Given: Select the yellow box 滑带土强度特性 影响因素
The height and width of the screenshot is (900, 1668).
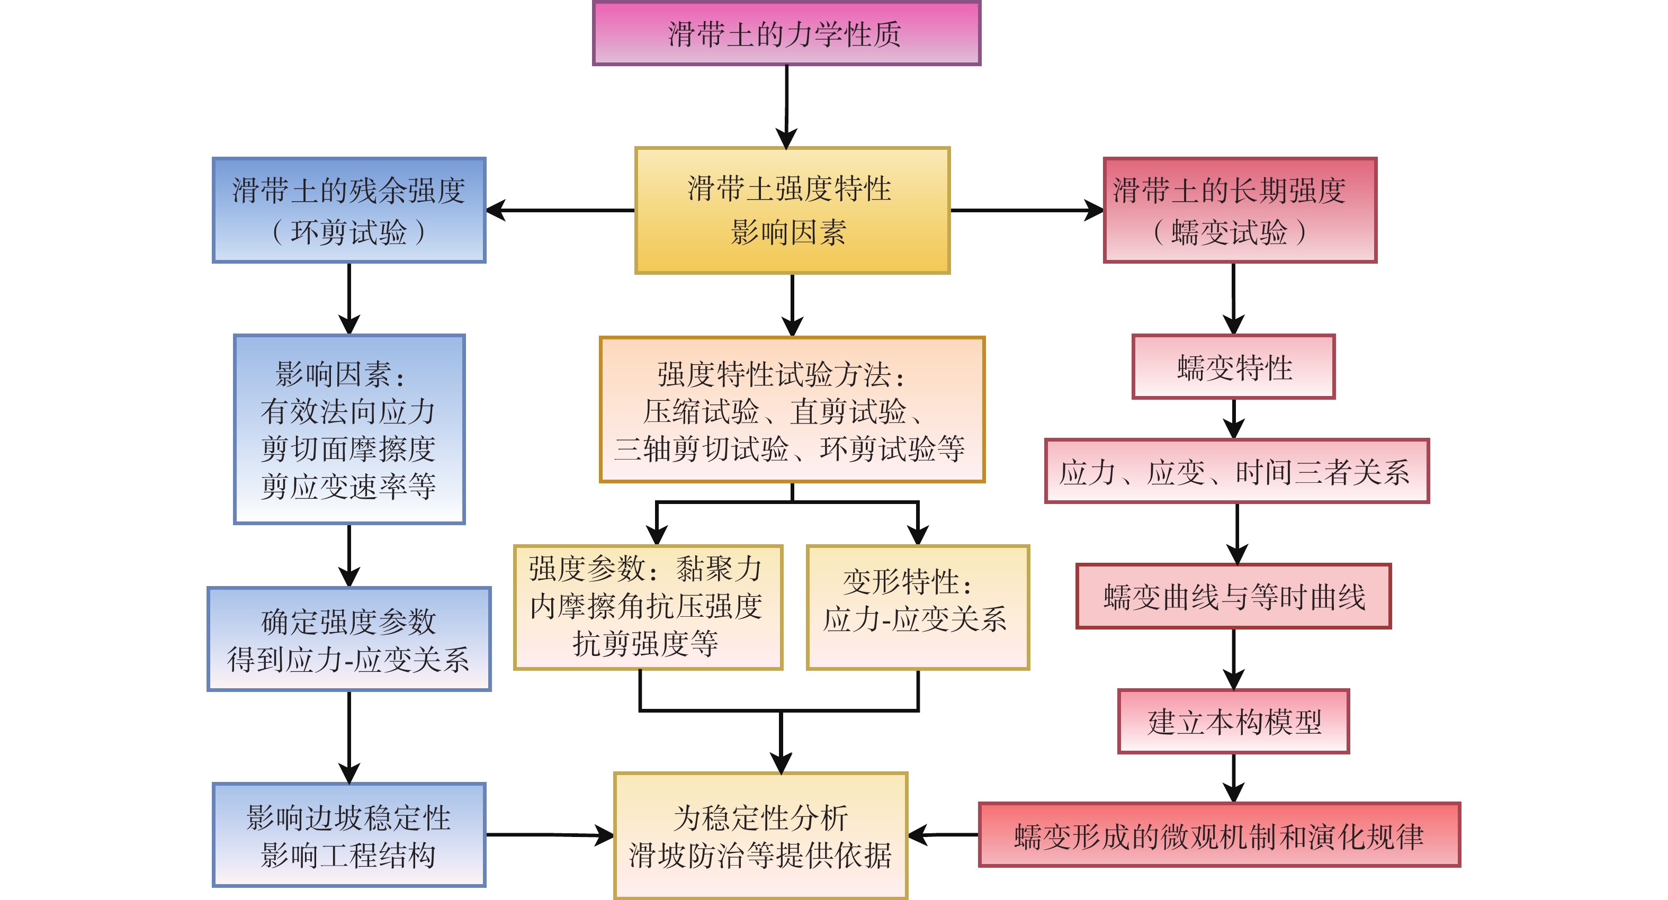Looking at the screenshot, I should coord(792,210).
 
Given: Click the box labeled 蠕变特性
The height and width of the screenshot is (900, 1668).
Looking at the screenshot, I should coord(1233,367).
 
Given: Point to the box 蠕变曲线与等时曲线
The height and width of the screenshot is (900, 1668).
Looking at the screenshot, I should coord(1233,596).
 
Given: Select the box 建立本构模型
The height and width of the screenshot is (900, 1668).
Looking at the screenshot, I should coord(1233,721).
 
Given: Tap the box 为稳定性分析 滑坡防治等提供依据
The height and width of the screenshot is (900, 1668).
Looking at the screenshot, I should coord(760,835).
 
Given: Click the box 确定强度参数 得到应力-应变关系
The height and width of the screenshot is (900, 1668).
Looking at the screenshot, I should coord(349,640).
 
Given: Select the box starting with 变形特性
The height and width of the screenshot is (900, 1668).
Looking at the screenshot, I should coord(918,607).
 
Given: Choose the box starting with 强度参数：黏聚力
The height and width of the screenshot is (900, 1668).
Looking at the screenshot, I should coord(648,607).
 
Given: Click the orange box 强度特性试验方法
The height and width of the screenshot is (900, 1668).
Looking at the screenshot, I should coord(792,410).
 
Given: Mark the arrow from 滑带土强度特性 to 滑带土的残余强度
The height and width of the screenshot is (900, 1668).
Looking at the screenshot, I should coord(560,210).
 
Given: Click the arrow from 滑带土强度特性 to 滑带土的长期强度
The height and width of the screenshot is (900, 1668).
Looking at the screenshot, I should coord(1027,210).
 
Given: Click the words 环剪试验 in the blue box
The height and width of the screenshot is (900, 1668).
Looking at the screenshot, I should coord(349,232).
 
